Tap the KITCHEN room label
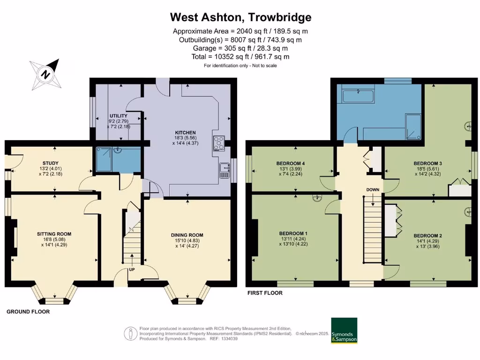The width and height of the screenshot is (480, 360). pos(186,133)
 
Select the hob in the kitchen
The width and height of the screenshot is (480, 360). pos(219,142)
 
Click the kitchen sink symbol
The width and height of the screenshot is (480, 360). pos(225,170)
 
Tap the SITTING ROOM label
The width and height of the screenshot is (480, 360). pos(54,233)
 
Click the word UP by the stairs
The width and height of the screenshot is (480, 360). pos(133,270)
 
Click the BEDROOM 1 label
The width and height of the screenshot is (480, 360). pos(293,233)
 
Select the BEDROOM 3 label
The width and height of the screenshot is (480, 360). pos(427,164)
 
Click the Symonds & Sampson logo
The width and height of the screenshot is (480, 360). pos(344,331)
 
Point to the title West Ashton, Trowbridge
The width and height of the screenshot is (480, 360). pos(240,17)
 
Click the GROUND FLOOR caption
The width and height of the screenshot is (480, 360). pos(28,311)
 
